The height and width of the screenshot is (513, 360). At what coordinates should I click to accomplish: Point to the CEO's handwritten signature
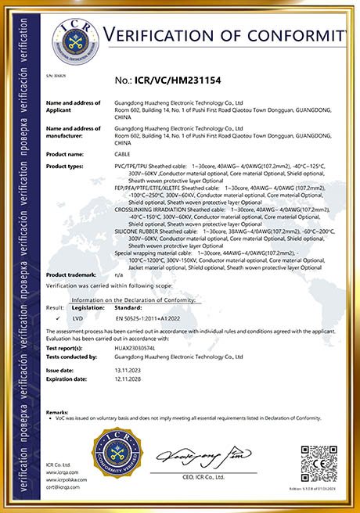203,457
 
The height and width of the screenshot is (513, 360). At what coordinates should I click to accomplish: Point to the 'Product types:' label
67,166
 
